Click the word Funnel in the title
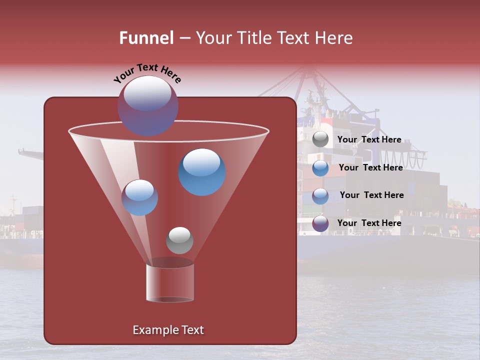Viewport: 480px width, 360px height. (x=146, y=38)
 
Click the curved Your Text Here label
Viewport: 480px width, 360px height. (x=147, y=72)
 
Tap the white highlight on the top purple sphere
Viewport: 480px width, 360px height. (x=147, y=94)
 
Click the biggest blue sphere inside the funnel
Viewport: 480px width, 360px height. (x=202, y=172)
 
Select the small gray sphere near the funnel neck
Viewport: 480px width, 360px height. (x=179, y=240)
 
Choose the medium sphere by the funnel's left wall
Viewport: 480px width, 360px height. (x=139, y=197)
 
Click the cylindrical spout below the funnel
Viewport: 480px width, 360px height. (x=170, y=283)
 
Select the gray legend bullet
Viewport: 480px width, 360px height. (x=320, y=139)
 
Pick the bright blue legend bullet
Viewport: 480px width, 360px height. (x=320, y=168)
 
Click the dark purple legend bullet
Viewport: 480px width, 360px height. (x=320, y=224)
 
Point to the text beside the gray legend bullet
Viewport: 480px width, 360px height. (x=369, y=139)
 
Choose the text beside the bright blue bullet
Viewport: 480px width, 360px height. (x=370, y=167)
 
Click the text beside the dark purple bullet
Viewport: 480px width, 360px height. (x=369, y=223)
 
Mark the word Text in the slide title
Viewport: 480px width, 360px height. (x=296, y=38)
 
